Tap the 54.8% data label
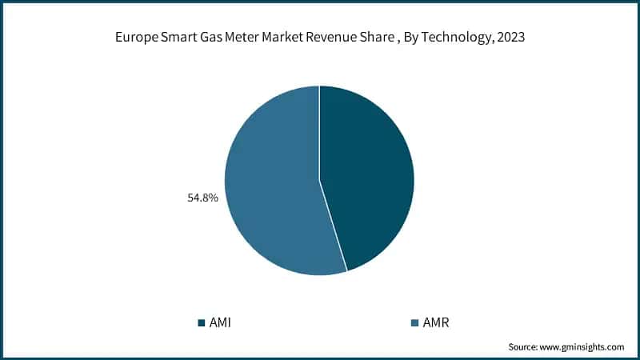click(203, 195)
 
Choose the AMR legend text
click(435, 323)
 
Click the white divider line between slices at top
click(319, 120)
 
